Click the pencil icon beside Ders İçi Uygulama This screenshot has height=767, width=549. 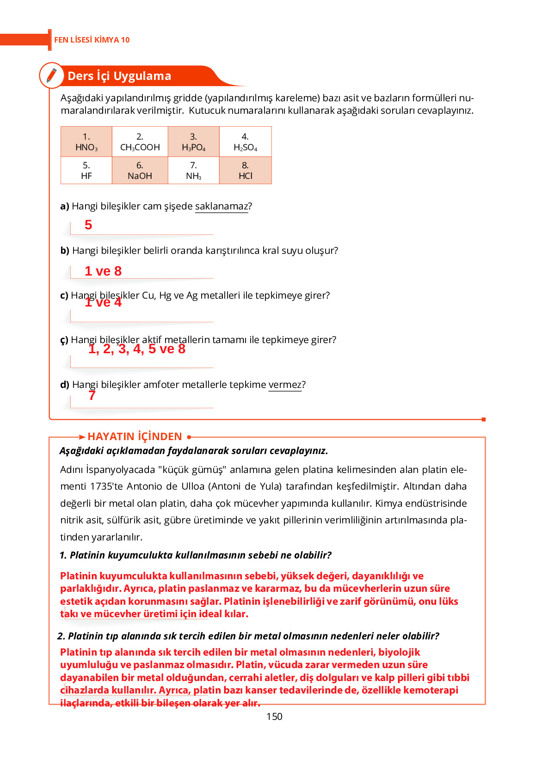51,75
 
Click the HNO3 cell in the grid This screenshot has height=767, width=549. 86,142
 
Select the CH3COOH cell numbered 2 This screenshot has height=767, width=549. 140,142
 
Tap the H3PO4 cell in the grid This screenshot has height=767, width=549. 193,142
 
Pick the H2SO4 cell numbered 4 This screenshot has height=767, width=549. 245,142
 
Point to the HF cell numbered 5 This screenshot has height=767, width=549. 86,171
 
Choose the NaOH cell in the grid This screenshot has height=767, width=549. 140,171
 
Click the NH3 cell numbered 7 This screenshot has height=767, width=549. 193,171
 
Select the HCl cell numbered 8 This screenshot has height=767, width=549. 245,171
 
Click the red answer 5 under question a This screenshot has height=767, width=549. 88,225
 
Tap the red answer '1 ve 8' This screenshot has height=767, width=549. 103,271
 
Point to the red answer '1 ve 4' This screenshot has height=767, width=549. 103,302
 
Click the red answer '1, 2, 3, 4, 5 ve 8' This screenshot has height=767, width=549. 137,349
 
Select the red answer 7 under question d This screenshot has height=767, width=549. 92,396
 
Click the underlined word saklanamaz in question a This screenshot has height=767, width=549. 222,206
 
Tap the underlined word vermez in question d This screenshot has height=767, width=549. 284,385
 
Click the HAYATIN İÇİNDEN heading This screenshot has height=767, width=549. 135,436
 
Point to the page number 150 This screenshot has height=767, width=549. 274,717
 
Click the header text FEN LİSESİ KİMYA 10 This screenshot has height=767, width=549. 92,40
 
